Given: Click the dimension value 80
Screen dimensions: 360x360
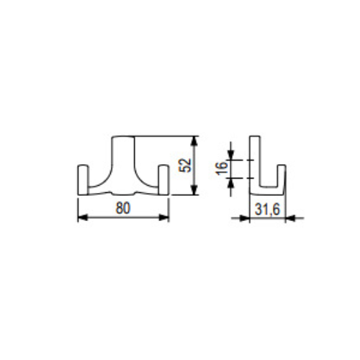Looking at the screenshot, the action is (123, 208).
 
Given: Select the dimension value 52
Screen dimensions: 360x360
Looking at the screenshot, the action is (186, 165).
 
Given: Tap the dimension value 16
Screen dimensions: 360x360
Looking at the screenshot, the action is (222, 168).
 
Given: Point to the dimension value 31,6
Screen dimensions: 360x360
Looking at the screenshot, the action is (267, 210).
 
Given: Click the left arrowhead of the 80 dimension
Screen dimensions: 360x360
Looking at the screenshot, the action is (83, 217).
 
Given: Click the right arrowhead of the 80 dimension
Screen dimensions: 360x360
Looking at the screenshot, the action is (164, 217).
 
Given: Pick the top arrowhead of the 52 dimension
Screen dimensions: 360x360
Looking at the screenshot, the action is (194, 141).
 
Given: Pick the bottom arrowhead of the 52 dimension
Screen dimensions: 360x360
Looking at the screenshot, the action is (194, 190).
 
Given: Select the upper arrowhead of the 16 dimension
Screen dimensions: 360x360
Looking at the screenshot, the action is (230, 155).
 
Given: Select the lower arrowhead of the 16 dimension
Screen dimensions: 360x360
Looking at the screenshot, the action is (230, 183).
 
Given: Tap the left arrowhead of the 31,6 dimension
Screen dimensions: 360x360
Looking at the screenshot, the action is (245, 218).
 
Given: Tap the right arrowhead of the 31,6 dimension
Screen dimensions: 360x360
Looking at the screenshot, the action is (290, 218).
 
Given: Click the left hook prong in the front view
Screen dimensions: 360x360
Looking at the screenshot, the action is (83, 179).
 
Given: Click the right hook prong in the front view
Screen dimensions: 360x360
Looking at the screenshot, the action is (163, 179).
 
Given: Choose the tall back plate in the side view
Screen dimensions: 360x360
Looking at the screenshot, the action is (255, 163).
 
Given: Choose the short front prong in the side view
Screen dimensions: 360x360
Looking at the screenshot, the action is (282, 179).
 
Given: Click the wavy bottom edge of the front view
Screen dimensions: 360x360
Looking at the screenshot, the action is (123, 193).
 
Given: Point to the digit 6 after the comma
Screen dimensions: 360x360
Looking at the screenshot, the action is (276, 210).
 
